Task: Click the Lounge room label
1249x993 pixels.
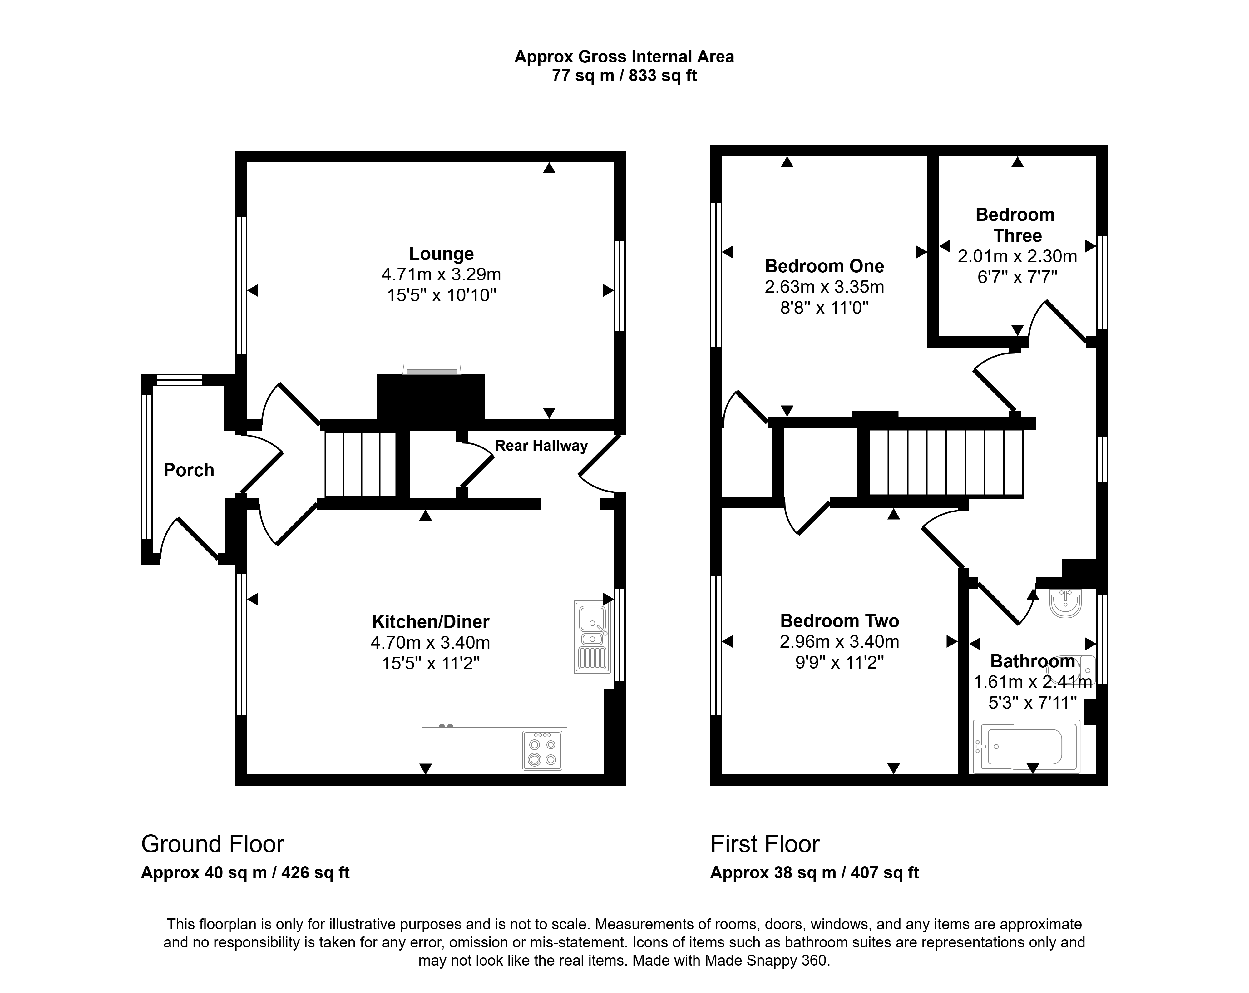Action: [x=442, y=254]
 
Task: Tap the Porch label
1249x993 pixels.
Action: [x=189, y=470]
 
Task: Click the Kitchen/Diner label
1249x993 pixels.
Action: [x=430, y=622]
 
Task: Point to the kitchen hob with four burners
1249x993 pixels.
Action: [x=542, y=751]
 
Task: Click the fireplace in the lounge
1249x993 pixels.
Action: [x=430, y=397]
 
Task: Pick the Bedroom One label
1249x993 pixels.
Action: [x=824, y=266]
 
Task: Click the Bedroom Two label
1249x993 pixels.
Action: [x=839, y=620]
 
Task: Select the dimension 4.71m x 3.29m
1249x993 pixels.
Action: [x=442, y=274]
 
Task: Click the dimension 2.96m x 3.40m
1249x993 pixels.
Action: [x=839, y=641]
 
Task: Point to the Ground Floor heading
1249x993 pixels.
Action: [x=213, y=844]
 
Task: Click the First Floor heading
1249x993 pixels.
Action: [x=765, y=844]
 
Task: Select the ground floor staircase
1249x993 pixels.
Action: [x=360, y=463]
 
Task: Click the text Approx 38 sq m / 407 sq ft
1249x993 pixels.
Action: [x=815, y=872]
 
